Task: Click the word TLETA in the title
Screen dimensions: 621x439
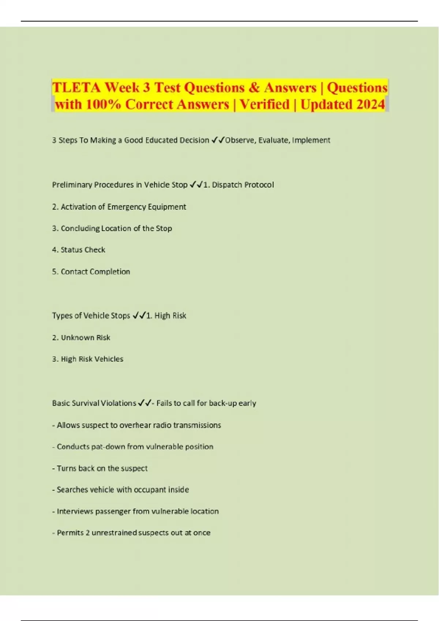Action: (x=76, y=88)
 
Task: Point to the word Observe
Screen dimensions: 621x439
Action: (x=240, y=140)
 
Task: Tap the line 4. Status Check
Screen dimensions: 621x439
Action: (x=79, y=250)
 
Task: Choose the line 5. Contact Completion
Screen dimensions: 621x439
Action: (x=91, y=272)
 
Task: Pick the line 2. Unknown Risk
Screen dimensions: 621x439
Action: (x=81, y=338)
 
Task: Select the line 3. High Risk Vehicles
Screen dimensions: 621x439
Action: (x=88, y=359)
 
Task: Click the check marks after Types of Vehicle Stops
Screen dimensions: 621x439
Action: (x=139, y=316)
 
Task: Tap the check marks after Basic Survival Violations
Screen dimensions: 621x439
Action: (x=144, y=403)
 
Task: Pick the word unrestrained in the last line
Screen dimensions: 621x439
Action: (x=117, y=533)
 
